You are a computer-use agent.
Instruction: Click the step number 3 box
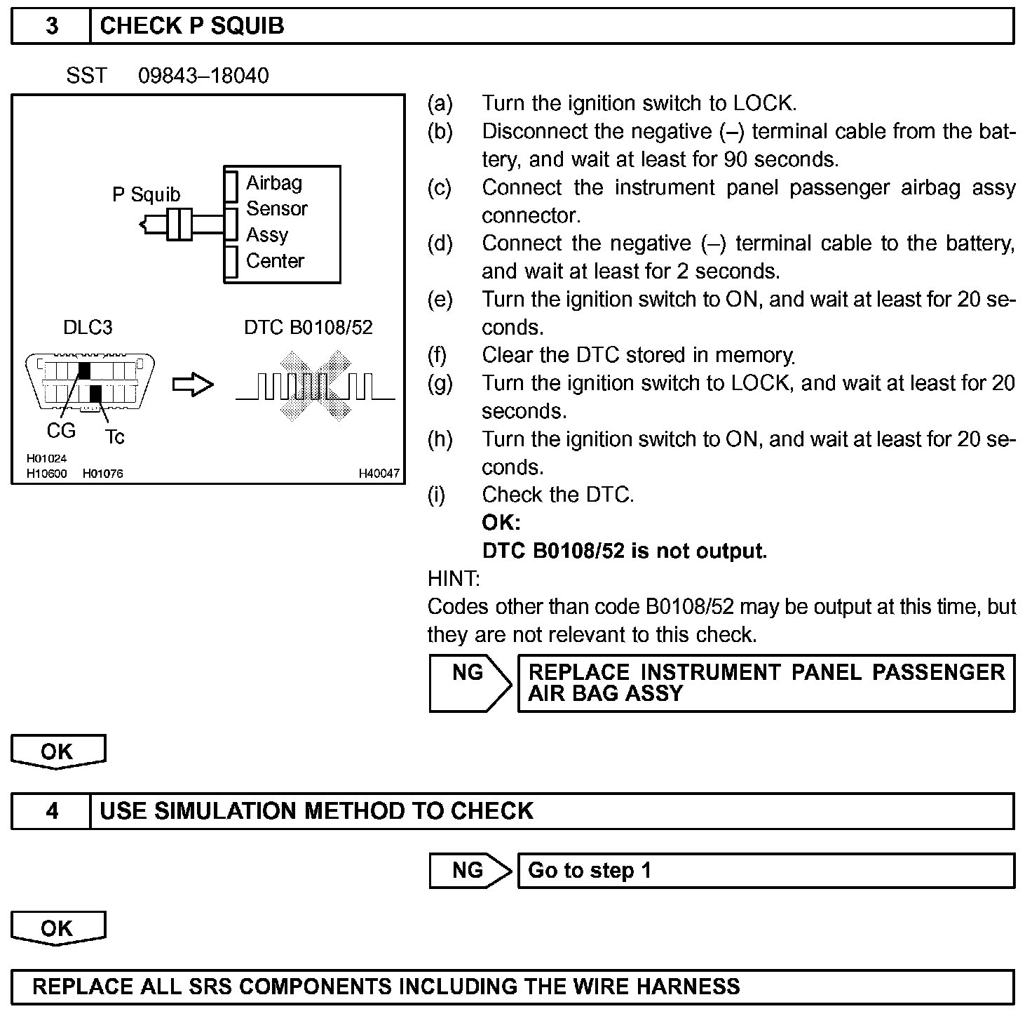pos(51,27)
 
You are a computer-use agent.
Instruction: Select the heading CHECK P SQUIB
pos(192,27)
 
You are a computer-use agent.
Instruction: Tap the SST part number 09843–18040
pos(203,76)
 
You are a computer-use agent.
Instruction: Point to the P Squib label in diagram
pos(146,194)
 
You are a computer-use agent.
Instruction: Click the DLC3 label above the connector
pos(88,327)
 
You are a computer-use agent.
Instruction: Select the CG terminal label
pos(61,430)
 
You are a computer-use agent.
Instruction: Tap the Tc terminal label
pos(115,437)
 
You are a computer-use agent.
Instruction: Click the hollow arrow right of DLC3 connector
pos(193,385)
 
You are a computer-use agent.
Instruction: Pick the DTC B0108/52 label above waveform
pos(308,327)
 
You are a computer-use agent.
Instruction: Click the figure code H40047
pos(379,474)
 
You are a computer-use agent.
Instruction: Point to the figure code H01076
pos(102,474)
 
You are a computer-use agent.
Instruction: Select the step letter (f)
pos(437,355)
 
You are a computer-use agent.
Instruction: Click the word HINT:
pos(454,579)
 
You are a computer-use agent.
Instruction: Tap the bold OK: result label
pos(501,523)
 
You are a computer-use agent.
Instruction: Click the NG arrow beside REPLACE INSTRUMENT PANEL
pos(468,683)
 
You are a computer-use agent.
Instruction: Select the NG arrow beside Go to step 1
pos(468,871)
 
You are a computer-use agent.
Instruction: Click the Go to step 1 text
pos(590,871)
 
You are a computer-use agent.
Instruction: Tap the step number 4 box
pos(51,811)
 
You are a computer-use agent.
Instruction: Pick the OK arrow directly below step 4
pos(57,929)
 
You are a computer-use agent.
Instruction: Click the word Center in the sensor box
pos(275,261)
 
